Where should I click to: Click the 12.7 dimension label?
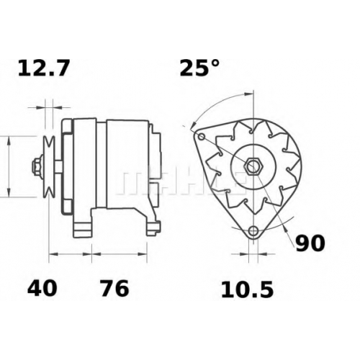(x=44, y=68)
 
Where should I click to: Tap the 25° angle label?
(x=199, y=68)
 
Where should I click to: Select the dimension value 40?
(x=42, y=288)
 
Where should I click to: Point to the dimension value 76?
(x=114, y=288)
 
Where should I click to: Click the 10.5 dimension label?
(x=247, y=290)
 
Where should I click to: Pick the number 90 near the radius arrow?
(x=310, y=243)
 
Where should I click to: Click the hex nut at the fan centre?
(x=253, y=166)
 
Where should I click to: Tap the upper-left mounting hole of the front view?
(x=202, y=137)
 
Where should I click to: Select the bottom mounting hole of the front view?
(x=253, y=231)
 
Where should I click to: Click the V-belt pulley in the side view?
(x=49, y=167)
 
